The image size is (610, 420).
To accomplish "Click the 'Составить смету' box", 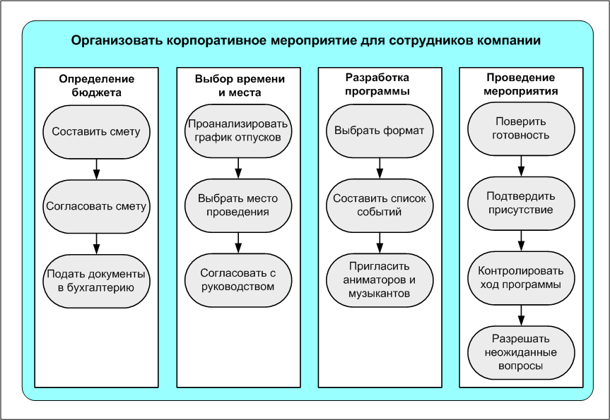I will coord(96,131).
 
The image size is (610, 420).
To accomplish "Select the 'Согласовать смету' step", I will coord(96,206).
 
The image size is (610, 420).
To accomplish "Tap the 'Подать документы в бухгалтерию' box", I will coord(96,280).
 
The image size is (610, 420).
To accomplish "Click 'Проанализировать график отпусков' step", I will coord(238,131).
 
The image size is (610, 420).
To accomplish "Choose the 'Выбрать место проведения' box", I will coord(238,205).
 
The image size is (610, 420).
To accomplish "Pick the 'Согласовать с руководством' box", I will coord(238,280).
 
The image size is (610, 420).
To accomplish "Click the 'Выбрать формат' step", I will coord(380,131).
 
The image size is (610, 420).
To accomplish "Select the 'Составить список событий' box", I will coord(380,205).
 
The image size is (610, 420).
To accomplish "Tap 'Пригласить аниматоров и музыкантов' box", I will coord(380,280).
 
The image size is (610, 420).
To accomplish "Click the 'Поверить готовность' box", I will coord(522,128).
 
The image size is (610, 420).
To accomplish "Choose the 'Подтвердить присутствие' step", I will coord(522,203).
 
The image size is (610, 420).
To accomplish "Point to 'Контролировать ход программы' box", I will coord(522,277).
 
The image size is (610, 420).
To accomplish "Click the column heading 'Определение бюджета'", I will coord(96,85).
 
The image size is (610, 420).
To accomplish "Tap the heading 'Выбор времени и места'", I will coord(238,85).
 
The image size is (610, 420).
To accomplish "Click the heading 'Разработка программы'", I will coord(380,85).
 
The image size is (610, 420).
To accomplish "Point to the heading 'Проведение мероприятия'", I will coord(522,85).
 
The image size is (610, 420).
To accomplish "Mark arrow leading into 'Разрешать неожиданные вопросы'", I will coord(522,313).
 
